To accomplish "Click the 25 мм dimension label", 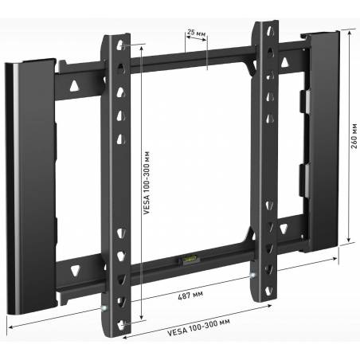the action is tap(196, 33).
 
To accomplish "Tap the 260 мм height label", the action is tap(354, 135).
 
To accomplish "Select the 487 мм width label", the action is tap(190, 295).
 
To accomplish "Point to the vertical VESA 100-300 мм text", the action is tap(147, 182).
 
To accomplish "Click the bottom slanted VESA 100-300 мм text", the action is tap(198, 327).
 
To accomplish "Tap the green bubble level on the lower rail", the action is tap(188, 259).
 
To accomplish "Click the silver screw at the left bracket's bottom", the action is tap(104, 308).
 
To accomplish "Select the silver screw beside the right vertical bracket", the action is tap(253, 275).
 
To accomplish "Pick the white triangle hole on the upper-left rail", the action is tap(74, 85).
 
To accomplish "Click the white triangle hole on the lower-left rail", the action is tap(75, 271).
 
